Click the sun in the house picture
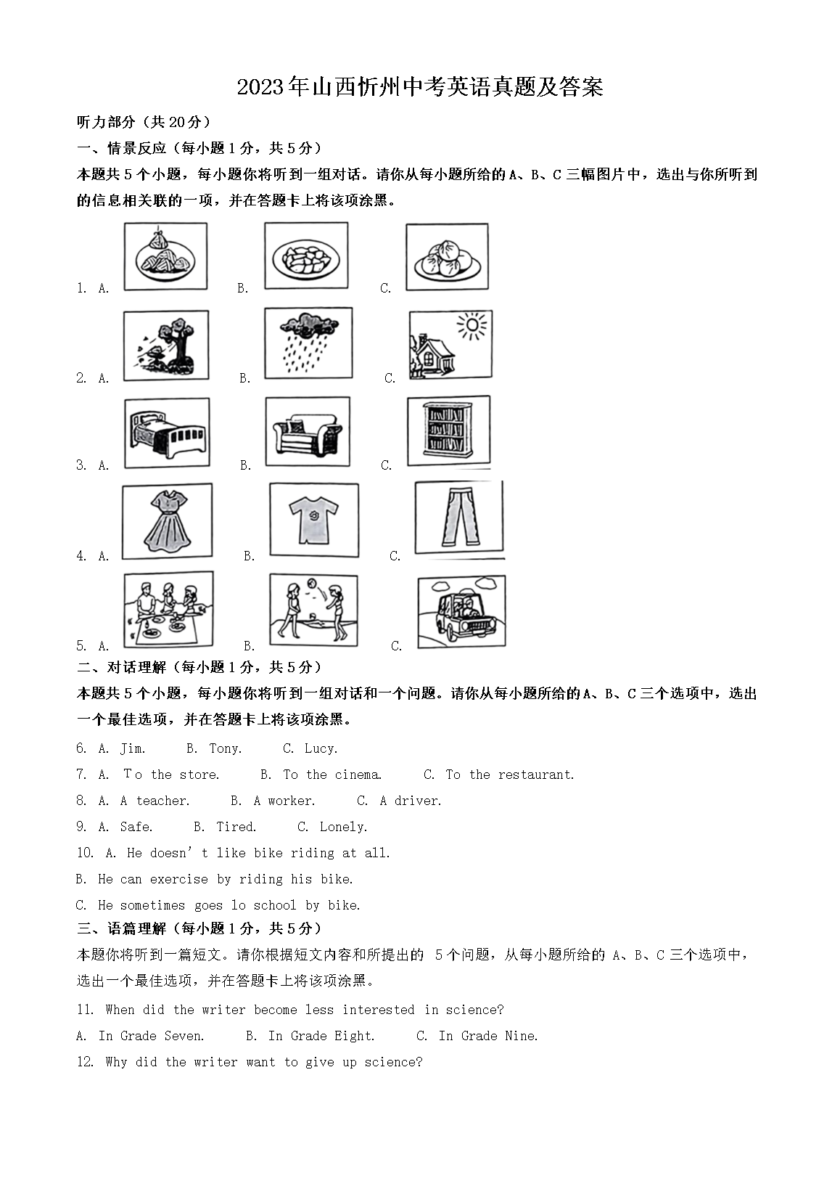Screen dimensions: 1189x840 (473, 326)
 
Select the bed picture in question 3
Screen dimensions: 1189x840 (167, 433)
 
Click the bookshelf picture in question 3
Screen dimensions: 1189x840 (448, 430)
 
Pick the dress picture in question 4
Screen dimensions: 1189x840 (167, 520)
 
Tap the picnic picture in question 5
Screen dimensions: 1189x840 (168, 608)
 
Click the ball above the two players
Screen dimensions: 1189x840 (312, 582)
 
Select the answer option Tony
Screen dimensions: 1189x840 (225, 748)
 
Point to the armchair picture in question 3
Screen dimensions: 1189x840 (307, 433)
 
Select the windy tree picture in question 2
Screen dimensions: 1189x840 (166, 345)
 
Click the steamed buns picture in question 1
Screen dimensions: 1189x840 (447, 257)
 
